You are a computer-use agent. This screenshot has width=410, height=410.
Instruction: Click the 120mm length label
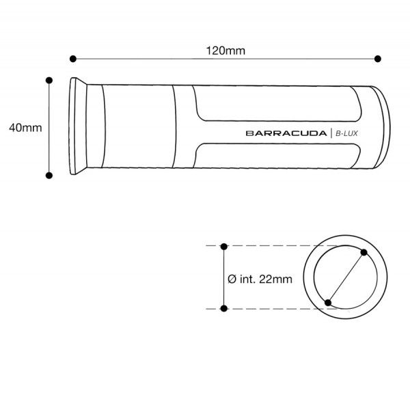click(x=225, y=51)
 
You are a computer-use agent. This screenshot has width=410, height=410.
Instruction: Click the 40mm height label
click(x=23, y=127)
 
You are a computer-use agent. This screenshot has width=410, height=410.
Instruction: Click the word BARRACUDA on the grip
click(x=286, y=133)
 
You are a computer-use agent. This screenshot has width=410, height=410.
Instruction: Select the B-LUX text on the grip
click(x=346, y=133)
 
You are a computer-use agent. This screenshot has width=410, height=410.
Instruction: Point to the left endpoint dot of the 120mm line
click(x=72, y=59)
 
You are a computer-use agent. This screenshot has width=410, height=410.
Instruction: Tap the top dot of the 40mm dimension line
click(x=49, y=80)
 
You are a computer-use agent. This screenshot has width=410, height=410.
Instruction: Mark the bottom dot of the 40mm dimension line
click(x=49, y=176)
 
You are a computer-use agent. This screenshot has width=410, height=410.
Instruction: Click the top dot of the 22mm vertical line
click(x=225, y=246)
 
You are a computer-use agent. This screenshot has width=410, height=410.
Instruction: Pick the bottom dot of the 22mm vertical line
click(x=225, y=309)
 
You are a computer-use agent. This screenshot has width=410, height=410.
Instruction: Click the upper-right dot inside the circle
click(x=364, y=254)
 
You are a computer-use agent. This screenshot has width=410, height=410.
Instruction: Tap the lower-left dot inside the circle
click(x=329, y=302)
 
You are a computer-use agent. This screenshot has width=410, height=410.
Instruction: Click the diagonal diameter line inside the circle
click(x=346, y=278)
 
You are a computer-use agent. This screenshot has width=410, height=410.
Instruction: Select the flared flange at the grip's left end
click(x=79, y=127)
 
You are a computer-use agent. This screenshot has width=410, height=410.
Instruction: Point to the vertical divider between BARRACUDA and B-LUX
click(x=331, y=133)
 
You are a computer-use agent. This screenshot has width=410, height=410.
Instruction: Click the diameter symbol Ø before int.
click(x=232, y=278)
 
